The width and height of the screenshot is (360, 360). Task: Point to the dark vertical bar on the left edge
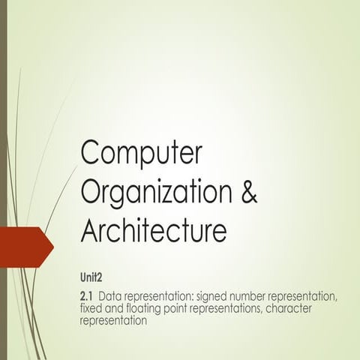click(3, 180)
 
